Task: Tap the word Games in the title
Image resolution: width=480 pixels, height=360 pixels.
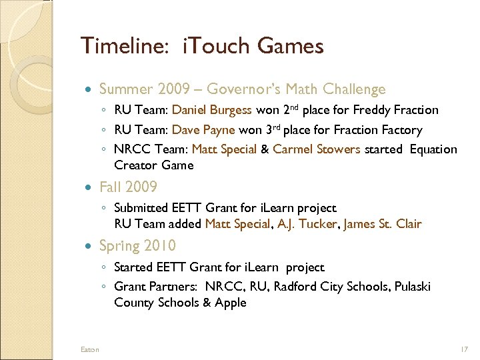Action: [291, 47]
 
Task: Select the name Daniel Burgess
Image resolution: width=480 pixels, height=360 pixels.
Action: [212, 110]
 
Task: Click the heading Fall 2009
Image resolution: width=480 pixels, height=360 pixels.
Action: [128, 187]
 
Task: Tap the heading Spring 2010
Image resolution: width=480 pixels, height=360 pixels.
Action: [137, 246]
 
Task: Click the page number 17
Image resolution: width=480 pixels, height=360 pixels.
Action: [464, 349]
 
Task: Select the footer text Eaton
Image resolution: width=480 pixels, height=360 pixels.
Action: [89, 349]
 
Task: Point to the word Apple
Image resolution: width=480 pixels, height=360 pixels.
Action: [230, 303]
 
